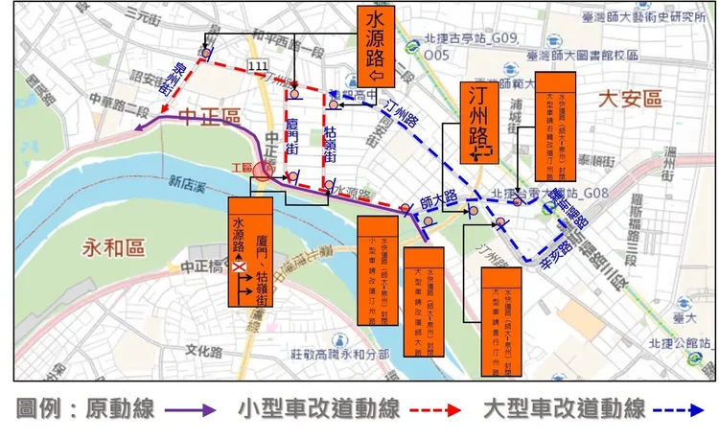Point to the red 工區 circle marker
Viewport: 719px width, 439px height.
(x=263, y=170)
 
